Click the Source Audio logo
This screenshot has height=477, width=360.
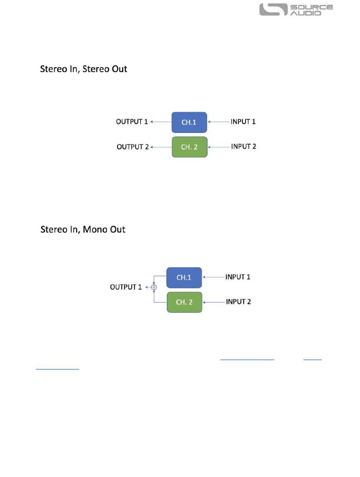(296, 10)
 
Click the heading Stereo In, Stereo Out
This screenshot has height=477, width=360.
(84, 69)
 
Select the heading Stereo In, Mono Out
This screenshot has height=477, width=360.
(83, 229)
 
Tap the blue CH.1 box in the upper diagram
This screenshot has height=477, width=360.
(189, 122)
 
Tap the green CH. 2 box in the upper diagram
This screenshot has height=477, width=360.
(189, 147)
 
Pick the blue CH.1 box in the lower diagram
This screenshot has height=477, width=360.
(184, 277)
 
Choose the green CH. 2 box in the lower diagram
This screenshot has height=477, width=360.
(184, 302)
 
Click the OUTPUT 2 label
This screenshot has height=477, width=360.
(132, 147)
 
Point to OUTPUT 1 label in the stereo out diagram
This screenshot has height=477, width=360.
(131, 122)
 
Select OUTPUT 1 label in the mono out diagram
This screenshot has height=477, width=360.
(126, 287)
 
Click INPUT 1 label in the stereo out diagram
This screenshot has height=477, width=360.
(243, 122)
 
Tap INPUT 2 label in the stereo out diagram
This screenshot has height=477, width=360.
(244, 146)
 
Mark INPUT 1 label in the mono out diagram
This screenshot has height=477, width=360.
(238, 277)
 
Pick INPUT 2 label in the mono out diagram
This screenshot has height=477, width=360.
(238, 302)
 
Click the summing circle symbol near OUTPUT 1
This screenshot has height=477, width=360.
(153, 287)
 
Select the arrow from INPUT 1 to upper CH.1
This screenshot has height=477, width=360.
(219, 122)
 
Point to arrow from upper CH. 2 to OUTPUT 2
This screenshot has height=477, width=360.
(161, 147)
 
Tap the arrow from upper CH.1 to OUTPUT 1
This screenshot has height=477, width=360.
(161, 122)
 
